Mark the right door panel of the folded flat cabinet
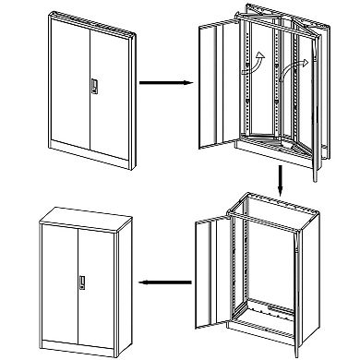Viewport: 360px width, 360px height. [111, 88]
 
